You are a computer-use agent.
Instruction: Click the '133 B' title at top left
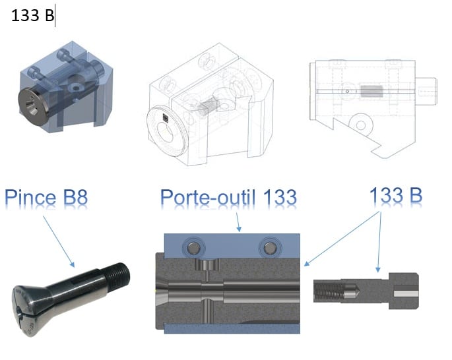coord(32,15)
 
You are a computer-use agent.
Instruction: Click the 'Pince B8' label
coord(46,197)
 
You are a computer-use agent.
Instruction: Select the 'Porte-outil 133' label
coord(228,197)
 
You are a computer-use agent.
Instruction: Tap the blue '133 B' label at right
coord(396,195)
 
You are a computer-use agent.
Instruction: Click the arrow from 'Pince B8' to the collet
coord(59,241)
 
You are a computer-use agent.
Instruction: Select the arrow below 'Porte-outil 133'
coord(238,222)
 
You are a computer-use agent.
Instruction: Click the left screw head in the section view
coord(193,248)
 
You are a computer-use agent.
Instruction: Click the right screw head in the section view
coord(269,248)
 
